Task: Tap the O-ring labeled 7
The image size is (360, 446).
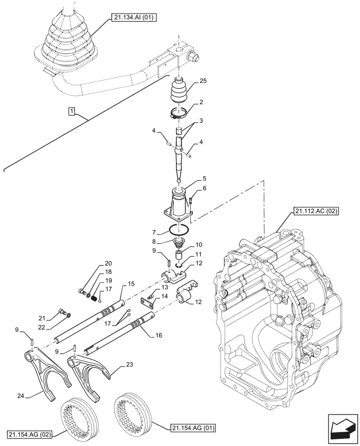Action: point(179,231)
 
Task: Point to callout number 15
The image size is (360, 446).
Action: point(131,283)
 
